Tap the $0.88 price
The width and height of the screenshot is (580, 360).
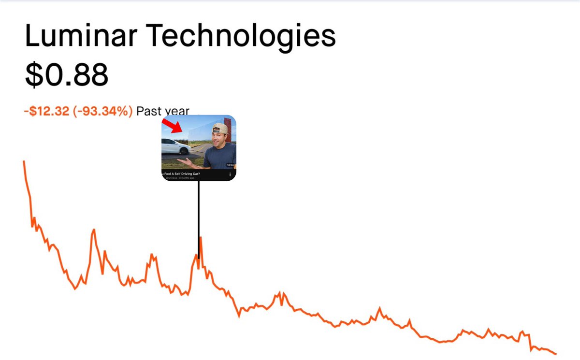point(66,75)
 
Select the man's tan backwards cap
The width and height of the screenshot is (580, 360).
point(220,129)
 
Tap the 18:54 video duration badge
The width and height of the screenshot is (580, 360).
point(230,165)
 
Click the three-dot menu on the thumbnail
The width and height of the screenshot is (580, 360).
point(230,174)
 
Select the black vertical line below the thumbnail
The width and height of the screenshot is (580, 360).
point(198,217)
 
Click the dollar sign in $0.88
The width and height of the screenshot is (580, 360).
point(34,75)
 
